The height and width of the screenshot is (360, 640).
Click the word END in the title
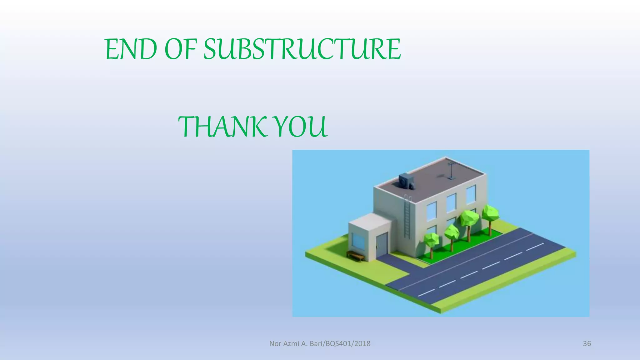pos(131,49)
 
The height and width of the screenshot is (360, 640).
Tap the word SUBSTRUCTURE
pos(302,49)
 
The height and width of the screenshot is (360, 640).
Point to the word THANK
pos(222,127)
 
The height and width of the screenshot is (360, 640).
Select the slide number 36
pos(587,343)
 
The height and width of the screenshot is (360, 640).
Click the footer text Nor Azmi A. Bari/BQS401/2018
pos(320,343)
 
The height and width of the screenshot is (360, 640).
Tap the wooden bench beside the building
pos(356,255)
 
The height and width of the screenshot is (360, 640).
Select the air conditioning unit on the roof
pos(407,182)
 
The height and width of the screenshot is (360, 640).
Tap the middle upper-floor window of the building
pos(451,202)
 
